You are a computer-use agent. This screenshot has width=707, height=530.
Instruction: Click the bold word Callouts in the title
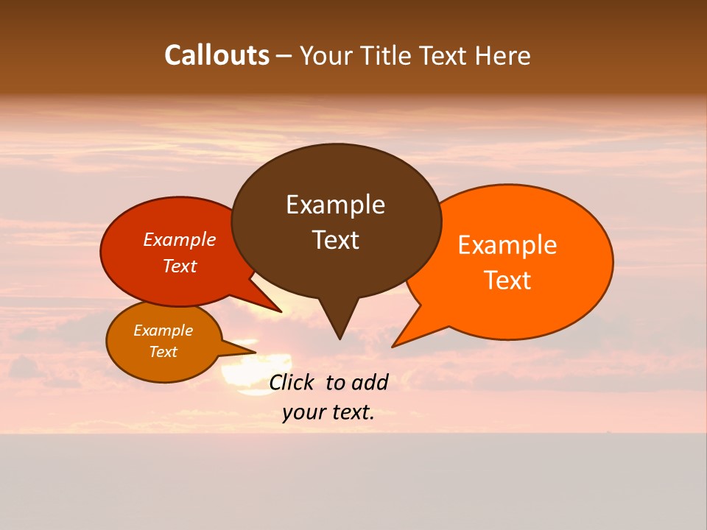217,55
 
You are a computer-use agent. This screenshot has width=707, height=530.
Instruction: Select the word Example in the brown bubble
335,205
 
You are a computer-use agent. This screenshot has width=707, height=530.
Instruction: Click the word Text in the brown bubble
335,240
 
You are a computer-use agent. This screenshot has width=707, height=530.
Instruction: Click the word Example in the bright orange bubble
507,245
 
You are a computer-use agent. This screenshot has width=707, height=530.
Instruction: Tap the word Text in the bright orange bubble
507,280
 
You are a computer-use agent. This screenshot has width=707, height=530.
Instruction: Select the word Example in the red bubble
180,239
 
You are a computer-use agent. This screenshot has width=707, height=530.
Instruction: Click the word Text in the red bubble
180,266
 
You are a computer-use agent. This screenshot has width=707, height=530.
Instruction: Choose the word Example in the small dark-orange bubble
163,331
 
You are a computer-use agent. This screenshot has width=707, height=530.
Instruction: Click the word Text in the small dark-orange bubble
163,352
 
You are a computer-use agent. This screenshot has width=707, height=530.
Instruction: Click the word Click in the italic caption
293,382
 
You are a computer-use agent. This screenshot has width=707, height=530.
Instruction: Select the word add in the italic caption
369,382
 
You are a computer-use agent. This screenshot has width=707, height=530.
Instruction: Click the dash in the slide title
284,56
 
